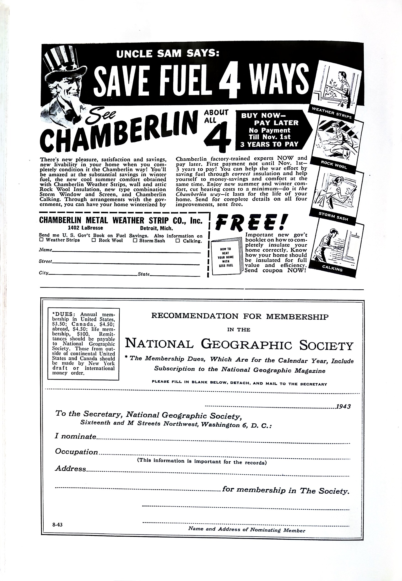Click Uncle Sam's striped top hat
[62, 62]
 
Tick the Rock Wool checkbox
[94, 240]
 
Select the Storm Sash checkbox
[135, 241]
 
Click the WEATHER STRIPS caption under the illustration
[331, 113]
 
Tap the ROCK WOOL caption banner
[334, 165]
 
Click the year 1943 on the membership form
[343, 406]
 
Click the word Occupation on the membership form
[76, 452]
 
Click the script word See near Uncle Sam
[101, 117]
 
